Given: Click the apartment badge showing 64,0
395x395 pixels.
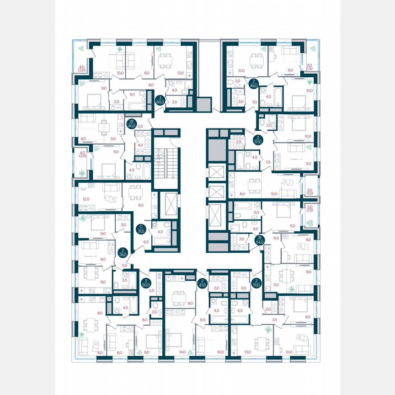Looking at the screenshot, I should pyautogui.click(x=160, y=100).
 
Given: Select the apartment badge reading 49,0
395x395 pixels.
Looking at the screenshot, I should pyautogui.click(x=254, y=83).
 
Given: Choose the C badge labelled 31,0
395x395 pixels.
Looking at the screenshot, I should pyautogui.click(x=142, y=228).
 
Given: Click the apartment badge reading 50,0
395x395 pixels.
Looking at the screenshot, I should pyautogui.click(x=146, y=283).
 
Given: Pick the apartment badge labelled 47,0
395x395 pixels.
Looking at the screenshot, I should pyautogui.click(x=202, y=283).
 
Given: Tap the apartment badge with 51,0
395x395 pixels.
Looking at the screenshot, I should pyautogui.click(x=257, y=283).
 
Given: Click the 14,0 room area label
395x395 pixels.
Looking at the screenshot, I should pyautogui.click(x=183, y=352).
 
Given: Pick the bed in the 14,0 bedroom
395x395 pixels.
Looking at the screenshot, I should pyautogui.click(x=174, y=339).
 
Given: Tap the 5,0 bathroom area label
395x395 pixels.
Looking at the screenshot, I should pyautogui.click(x=256, y=212).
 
